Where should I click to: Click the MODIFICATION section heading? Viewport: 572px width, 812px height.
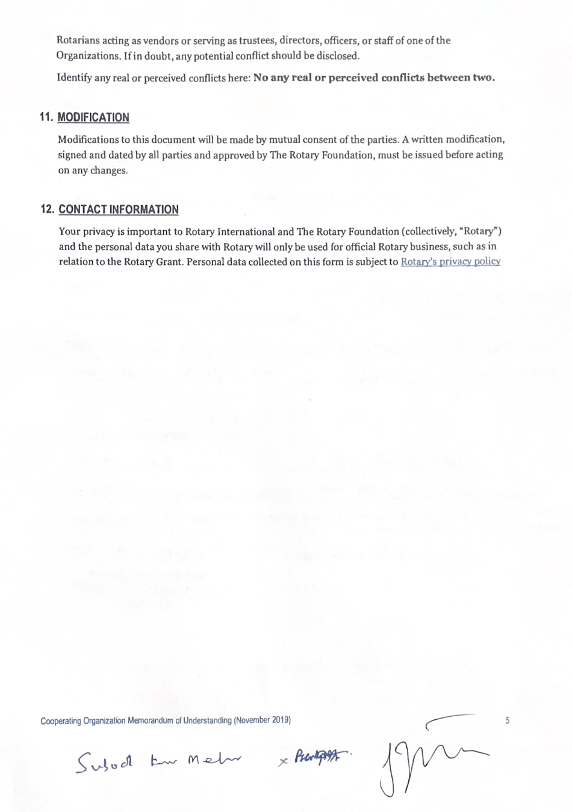point(93,117)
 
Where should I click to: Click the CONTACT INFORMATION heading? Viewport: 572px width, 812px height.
point(119,210)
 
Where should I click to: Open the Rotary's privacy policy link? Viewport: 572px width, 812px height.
point(450,261)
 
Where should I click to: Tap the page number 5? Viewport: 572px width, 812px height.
point(508,720)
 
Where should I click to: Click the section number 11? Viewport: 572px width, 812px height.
point(46,117)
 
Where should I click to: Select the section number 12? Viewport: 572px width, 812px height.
point(48,210)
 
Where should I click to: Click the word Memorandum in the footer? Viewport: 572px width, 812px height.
point(150,720)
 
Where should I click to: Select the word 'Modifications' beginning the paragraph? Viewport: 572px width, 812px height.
point(89,140)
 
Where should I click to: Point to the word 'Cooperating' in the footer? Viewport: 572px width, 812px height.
point(61,720)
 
